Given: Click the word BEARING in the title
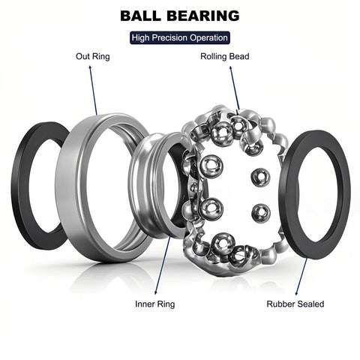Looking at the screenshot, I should tap(203, 15).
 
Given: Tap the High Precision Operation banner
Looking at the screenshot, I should tap(179, 37).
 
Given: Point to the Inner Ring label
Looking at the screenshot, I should tap(155, 304).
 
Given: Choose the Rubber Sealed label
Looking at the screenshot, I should tap(295, 304).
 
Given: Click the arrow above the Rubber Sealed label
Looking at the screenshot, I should tap(301, 274).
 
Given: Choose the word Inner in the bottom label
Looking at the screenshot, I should tap(145, 304).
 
